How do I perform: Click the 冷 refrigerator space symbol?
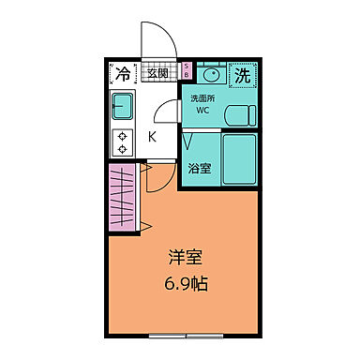pyautogui.click(x=123, y=72)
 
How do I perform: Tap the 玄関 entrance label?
pyautogui.click(x=157, y=72)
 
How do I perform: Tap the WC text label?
pyautogui.click(x=202, y=112)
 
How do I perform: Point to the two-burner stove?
pyautogui.click(x=123, y=142)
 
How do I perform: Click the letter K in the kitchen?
pyautogui.click(x=152, y=135)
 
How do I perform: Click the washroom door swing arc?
pyautogui.click(x=167, y=112)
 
